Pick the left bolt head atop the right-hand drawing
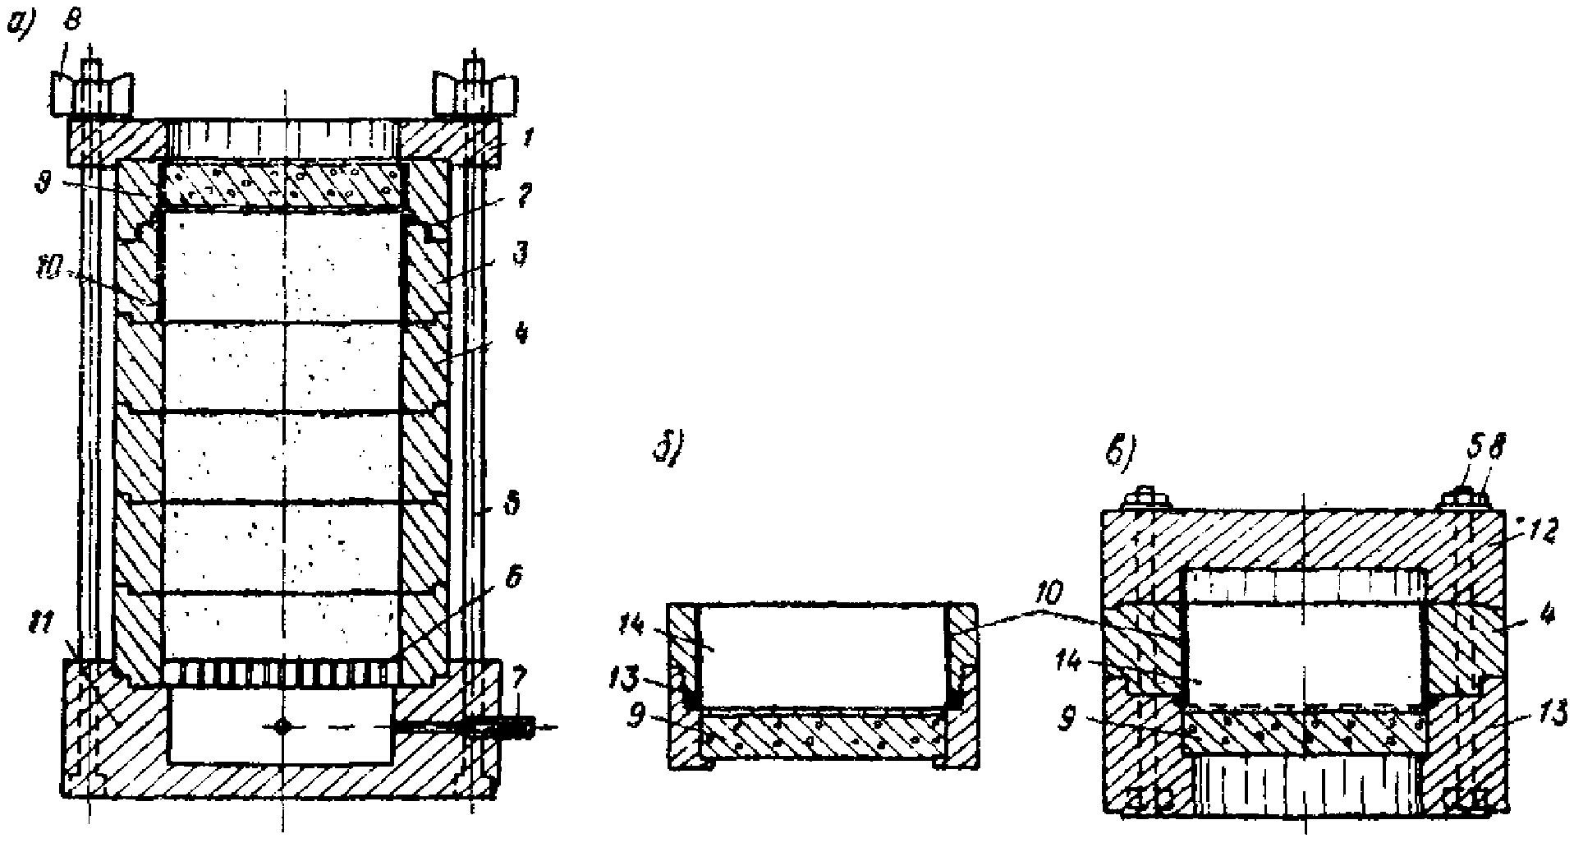[x=1146, y=501]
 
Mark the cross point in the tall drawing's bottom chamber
[x=282, y=726]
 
